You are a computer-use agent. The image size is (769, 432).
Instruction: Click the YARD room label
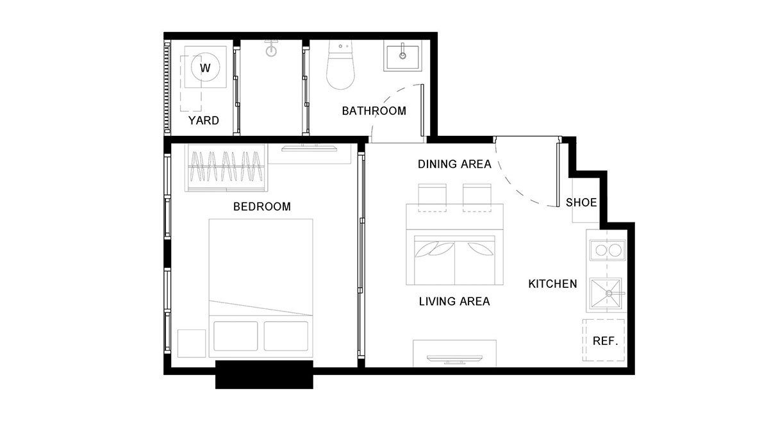click(204, 120)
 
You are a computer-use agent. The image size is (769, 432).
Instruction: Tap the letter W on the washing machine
click(205, 68)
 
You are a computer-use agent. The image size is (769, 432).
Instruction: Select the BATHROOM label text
click(374, 111)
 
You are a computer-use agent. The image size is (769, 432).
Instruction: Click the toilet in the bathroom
click(340, 65)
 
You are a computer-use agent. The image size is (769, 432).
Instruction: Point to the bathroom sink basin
click(402, 56)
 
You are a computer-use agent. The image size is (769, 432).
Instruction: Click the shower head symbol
click(271, 49)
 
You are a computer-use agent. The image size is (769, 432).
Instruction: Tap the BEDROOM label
click(262, 207)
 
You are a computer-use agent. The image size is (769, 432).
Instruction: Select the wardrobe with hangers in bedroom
click(226, 167)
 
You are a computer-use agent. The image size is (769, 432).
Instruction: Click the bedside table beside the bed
click(192, 344)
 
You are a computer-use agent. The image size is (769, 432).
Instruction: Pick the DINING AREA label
click(454, 164)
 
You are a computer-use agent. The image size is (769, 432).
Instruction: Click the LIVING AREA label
click(454, 301)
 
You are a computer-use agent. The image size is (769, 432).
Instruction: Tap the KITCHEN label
click(552, 284)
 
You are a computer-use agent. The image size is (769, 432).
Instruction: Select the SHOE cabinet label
click(581, 203)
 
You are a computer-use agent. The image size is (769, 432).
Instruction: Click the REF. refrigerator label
click(605, 341)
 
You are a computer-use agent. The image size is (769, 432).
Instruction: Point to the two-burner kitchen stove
click(608, 250)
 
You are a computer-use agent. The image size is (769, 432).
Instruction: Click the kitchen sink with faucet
click(606, 294)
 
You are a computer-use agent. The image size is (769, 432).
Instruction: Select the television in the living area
click(454, 359)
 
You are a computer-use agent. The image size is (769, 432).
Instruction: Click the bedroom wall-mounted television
click(310, 148)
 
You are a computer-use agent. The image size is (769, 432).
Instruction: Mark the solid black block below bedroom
click(264, 375)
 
